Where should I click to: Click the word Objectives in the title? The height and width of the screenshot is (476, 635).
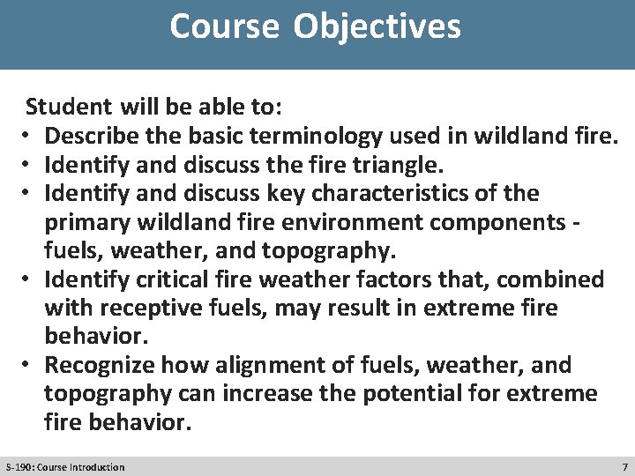[377, 26]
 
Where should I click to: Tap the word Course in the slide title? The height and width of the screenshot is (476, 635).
[225, 26]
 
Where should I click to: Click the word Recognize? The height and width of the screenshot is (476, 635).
[98, 365]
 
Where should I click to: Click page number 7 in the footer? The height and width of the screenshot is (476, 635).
[624, 466]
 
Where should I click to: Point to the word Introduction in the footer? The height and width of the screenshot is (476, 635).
[94, 466]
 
